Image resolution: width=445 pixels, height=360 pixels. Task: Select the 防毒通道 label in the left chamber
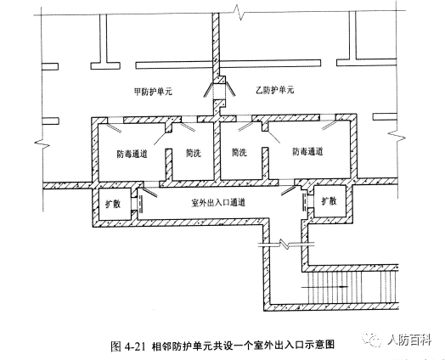coord(132,154)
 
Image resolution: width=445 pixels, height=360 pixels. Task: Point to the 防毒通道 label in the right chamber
coord(309,154)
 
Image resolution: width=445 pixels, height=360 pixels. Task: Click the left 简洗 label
coord(192,154)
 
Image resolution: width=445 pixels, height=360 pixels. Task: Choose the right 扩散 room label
coord(329,201)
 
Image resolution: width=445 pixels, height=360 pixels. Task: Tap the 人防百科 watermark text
coord(412,340)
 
